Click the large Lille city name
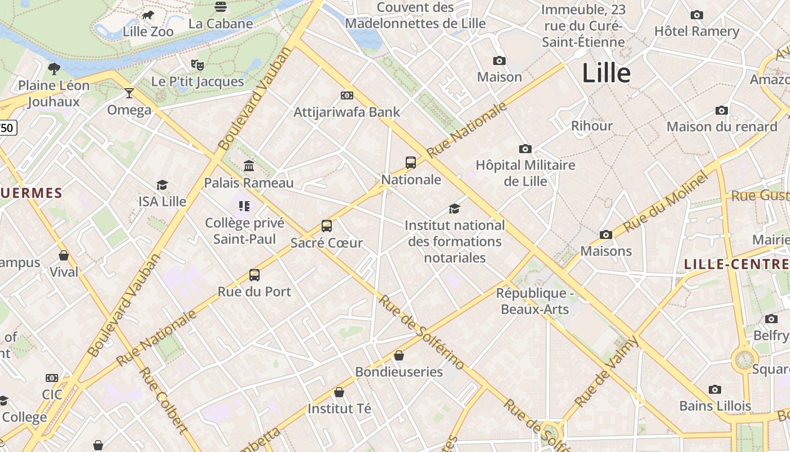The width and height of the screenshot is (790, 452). coord(606,73)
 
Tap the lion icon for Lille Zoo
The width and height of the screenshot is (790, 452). coord(148,15)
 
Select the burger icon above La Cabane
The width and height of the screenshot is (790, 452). coord(221,7)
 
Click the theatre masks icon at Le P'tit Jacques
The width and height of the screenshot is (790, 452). coord(197,65)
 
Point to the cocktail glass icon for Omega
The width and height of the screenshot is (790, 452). coord(129,93)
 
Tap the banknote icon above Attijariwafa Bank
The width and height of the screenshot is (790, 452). coord(347,95)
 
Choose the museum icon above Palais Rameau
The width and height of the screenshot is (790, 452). coord(248,166)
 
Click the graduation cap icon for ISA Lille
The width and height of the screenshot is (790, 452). coord(163,185)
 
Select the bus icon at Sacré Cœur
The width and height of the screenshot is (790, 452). coord(327,226)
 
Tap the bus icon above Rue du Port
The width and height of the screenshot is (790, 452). coord(254,275)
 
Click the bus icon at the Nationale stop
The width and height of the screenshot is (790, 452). coord(411,163)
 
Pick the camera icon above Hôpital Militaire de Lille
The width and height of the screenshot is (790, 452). coord(525,149)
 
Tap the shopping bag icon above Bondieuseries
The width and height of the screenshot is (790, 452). coord(399,355)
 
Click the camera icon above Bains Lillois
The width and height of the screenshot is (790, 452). coord(715,389)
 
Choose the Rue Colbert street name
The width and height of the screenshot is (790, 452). coord(163,400)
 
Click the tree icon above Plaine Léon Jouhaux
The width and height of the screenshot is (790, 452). coord(54,69)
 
